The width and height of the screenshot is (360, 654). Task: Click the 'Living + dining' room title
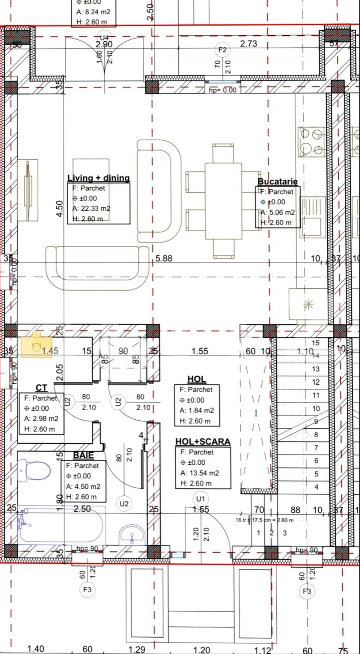(x=98, y=178)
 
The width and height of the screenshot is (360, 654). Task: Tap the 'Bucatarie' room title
(x=277, y=181)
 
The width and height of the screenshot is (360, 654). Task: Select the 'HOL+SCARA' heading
(x=203, y=442)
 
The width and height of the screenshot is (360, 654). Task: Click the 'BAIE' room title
(x=83, y=455)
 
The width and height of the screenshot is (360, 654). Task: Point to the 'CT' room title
(x=41, y=388)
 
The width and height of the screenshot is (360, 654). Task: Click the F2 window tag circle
(x=222, y=50)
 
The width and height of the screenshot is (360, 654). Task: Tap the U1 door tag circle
(x=200, y=499)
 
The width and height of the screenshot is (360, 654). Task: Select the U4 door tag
(x=105, y=36)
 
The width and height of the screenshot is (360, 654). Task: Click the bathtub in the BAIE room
(x=61, y=525)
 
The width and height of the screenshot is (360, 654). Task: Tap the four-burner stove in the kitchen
(x=312, y=142)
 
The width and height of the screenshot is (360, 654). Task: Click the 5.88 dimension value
(x=164, y=258)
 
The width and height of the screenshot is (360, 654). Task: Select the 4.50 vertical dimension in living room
(x=60, y=208)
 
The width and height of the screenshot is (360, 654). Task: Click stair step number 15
(x=315, y=343)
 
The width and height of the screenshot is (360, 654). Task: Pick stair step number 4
(x=316, y=487)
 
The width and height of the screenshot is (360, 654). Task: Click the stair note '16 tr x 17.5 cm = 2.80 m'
(x=264, y=520)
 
